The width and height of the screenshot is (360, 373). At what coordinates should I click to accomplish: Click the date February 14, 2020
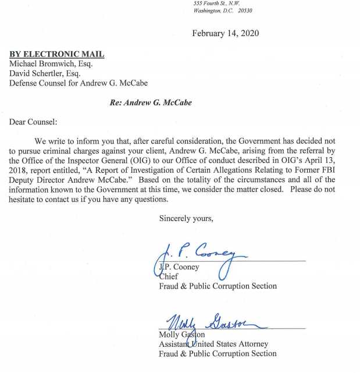point(226,33)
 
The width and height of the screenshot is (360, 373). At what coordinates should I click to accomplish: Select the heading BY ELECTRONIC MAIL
point(57,54)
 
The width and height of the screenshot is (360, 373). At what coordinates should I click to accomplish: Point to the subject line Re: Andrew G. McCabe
point(151,102)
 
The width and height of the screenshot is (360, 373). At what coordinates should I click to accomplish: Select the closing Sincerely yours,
point(186,219)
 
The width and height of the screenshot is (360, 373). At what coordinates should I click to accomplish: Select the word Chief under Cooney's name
point(169,276)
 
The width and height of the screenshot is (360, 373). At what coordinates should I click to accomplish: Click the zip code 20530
point(241,11)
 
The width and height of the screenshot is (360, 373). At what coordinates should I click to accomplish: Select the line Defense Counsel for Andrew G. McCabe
point(79,83)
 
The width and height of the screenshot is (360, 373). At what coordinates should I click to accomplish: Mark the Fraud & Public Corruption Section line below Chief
point(218,286)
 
